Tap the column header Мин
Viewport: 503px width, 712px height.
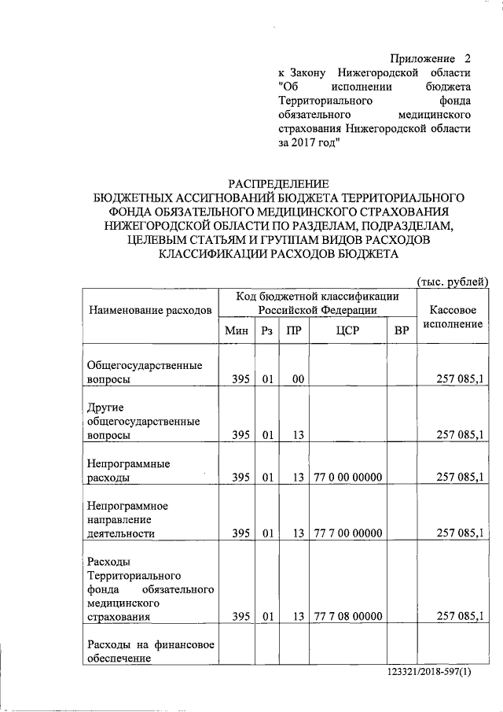point(236,331)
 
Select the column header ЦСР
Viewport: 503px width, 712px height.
point(347,331)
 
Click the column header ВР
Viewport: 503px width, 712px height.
point(402,331)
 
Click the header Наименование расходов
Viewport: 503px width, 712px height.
point(151,310)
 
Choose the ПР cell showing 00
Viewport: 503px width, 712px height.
point(297,379)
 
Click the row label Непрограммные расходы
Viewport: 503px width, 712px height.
point(129,470)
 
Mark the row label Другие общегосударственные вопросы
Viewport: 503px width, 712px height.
point(142,421)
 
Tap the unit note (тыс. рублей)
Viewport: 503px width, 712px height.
point(452,282)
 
